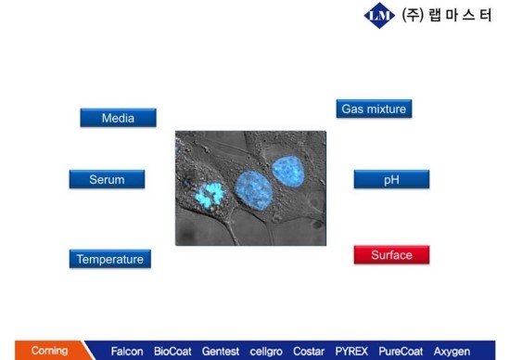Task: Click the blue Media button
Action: tap(118, 118)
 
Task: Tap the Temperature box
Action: tap(109, 259)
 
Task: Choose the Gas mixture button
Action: tap(373, 109)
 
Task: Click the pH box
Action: tap(390, 179)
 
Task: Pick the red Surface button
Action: tap(391, 254)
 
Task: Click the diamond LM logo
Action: tap(380, 16)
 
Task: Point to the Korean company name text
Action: tap(448, 17)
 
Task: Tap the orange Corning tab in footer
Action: tap(49, 351)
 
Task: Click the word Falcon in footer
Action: tap(127, 352)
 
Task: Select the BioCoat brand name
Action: tap(173, 352)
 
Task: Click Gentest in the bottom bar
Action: tap(221, 352)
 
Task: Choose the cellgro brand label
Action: tap(266, 352)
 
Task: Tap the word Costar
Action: tap(309, 352)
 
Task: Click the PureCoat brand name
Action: tap(401, 352)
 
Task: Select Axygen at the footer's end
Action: tap(452, 352)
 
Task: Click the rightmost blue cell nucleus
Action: tap(287, 172)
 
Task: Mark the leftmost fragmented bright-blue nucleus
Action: tap(210, 194)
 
